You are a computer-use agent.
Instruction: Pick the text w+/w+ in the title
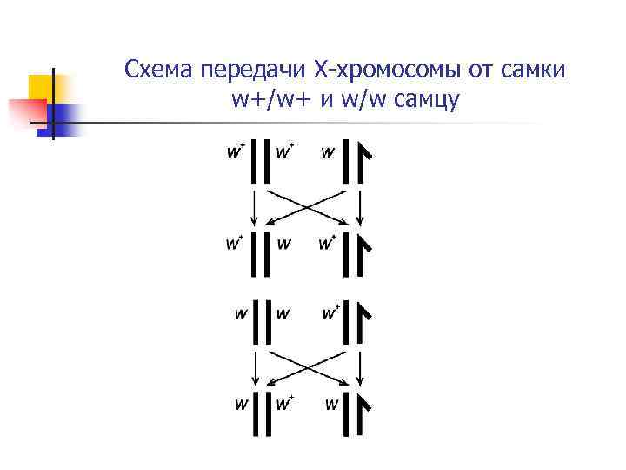click(267, 99)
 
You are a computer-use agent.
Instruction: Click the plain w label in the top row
click(327, 153)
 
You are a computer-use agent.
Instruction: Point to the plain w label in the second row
click(283, 243)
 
